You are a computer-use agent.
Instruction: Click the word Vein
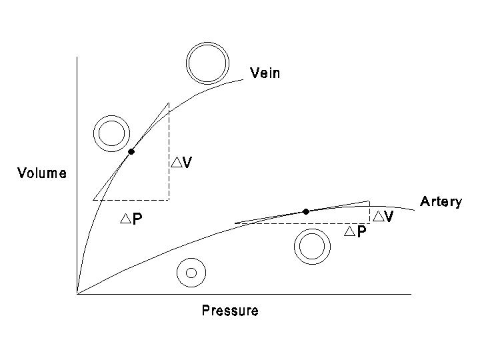point(265,73)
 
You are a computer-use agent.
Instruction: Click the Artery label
point(440,202)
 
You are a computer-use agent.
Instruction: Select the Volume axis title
point(41,174)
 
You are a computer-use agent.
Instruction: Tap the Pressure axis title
point(230,311)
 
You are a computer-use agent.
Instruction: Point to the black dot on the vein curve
point(131,152)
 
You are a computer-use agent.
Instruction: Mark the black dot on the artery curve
point(305,211)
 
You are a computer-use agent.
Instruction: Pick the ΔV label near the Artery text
point(383,216)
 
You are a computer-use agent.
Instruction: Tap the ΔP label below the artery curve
point(355,232)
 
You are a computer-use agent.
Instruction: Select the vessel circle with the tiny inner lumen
point(191,272)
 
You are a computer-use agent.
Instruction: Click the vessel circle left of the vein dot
point(110,133)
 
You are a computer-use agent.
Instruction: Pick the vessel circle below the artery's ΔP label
point(311,247)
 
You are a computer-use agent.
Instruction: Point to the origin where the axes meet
point(77,293)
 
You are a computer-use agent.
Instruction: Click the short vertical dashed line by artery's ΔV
point(369,212)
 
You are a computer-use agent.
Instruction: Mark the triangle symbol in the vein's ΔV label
point(176,162)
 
